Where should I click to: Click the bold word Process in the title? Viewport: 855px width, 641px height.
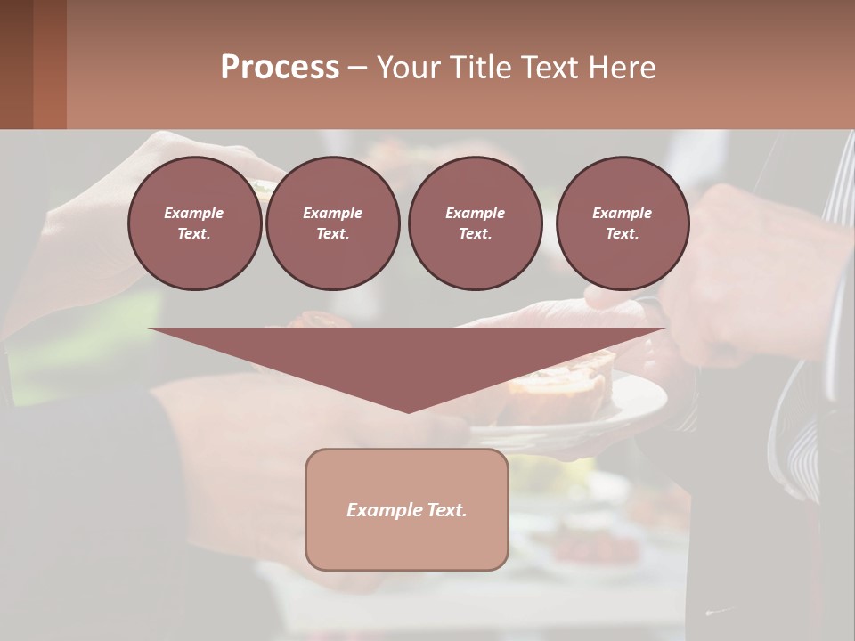[280, 68]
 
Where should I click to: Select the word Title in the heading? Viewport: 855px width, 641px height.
[479, 68]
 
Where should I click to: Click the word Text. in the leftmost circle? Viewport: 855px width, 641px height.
[194, 233]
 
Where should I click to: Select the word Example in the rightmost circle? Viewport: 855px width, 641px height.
[622, 213]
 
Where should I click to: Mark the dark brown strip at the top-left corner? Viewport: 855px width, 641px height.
[32, 64]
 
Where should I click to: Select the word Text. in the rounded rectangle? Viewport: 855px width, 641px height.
[444, 510]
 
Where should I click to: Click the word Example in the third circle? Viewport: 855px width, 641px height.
[475, 213]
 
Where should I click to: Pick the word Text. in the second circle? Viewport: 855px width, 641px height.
[332, 233]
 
